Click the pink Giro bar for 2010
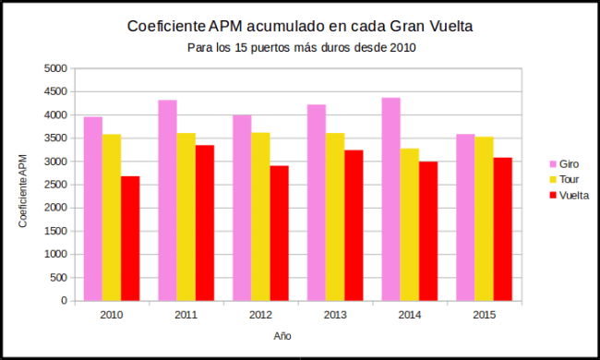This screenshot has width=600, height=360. tap(93, 209)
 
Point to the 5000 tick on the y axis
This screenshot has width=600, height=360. tap(56, 68)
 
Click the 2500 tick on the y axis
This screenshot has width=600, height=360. tap(56, 185)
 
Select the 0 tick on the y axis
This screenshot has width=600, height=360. tap(64, 301)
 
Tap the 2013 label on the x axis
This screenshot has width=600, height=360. tap(335, 316)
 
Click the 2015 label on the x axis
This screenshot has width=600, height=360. tap(484, 316)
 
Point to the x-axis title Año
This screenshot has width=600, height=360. tap(282, 336)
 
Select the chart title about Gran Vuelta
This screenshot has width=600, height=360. tap(300, 27)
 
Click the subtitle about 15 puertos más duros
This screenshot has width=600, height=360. tap(300, 48)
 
